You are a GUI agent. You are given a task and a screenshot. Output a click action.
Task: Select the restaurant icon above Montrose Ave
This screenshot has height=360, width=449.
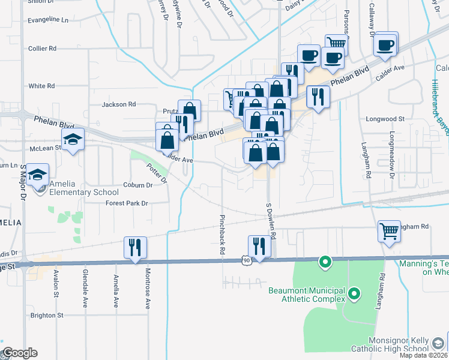tap(134, 247)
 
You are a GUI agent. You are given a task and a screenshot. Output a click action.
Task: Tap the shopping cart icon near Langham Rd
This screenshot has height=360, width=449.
tap(388, 230)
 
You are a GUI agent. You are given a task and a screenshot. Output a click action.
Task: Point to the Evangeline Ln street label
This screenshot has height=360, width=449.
tap(48, 20)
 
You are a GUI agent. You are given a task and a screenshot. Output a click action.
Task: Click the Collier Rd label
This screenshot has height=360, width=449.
tap(42, 48)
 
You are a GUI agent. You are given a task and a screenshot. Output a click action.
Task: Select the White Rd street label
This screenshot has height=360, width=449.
tap(41, 86)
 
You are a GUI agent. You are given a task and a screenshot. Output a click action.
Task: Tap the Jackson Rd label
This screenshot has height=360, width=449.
tap(119, 104)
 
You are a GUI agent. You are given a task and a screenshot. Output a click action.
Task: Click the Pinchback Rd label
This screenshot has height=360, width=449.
tap(222, 233)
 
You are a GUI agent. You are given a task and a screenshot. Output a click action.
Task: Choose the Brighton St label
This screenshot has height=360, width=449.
tap(46, 315)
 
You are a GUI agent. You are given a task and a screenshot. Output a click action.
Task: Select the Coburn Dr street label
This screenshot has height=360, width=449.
tap(138, 185)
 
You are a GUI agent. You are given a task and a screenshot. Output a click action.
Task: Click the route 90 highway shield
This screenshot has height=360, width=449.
tap(246, 260)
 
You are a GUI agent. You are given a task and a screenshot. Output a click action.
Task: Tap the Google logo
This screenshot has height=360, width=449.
tap(20, 352)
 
